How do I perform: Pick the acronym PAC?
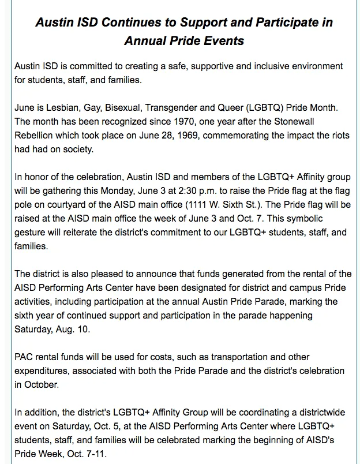(x=24, y=357)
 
